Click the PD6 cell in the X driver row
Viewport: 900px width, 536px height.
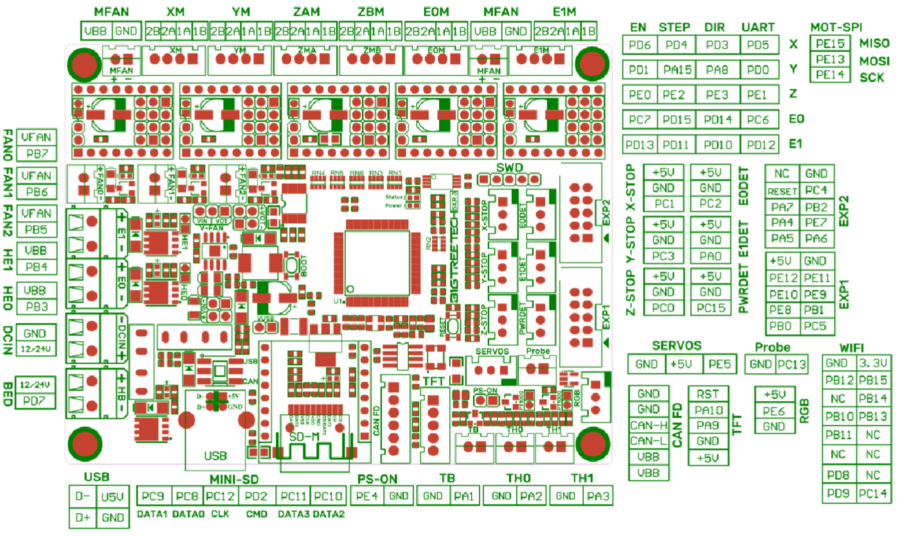(640, 44)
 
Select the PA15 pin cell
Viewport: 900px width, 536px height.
(676, 69)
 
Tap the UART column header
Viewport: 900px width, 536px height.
(758, 27)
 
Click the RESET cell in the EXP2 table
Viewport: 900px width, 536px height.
(782, 191)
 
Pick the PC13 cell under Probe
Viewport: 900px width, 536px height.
(791, 364)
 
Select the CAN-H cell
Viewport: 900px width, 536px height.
(649, 425)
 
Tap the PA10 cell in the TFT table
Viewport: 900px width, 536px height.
(708, 410)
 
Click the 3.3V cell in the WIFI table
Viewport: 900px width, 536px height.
(872, 363)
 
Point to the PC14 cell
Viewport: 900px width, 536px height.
(872, 494)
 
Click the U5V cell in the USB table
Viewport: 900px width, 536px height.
(112, 496)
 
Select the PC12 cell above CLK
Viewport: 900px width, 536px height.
(221, 496)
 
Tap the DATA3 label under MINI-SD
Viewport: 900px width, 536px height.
(293, 514)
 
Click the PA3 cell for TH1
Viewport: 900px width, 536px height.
(598, 496)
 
